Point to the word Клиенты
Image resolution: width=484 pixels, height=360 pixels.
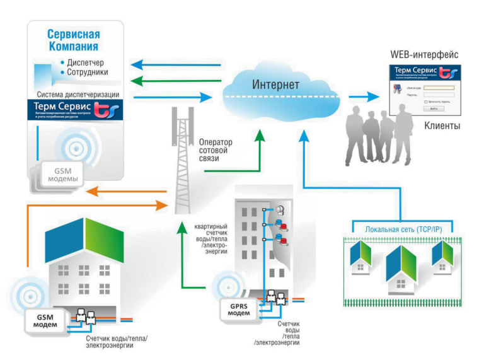442,127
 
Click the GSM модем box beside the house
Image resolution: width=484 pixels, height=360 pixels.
44,321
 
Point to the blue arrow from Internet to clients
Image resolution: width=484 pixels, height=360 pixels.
364,96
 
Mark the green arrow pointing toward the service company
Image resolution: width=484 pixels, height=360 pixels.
176,80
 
